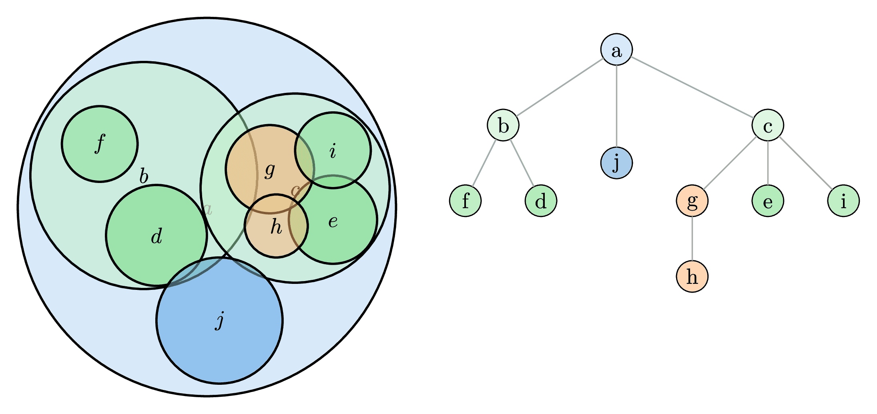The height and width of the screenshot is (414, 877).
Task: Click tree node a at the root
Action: pyautogui.click(x=616, y=50)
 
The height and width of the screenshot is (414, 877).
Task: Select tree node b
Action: pyautogui.click(x=503, y=125)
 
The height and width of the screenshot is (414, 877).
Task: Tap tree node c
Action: pyautogui.click(x=767, y=125)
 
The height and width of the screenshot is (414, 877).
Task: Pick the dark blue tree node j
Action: pyautogui.click(x=616, y=163)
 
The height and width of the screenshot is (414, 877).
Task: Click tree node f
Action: pyautogui.click(x=465, y=201)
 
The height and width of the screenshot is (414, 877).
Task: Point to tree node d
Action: pyautogui.click(x=541, y=201)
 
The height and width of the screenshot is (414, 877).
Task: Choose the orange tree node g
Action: pyautogui.click(x=692, y=201)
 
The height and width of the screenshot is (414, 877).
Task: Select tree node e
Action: pyautogui.click(x=767, y=201)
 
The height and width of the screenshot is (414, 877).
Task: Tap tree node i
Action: pyautogui.click(x=843, y=201)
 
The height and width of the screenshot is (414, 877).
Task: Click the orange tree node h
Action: pyautogui.click(x=692, y=276)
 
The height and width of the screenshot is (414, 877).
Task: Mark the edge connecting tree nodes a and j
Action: pyautogui.click(x=616, y=107)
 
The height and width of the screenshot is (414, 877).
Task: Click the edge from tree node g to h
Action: pyautogui.click(x=692, y=239)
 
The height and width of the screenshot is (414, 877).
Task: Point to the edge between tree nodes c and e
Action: pyautogui.click(x=767, y=163)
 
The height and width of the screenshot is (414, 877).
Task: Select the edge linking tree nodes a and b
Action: pyautogui.click(x=560, y=88)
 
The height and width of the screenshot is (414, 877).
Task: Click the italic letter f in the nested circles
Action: pyautogui.click(x=100, y=143)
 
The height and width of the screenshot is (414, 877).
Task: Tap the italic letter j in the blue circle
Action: pyautogui.click(x=219, y=320)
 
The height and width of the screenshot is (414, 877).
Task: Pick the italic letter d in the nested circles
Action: pyautogui.click(x=157, y=236)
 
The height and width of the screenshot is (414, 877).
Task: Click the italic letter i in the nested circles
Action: pyautogui.click(x=333, y=151)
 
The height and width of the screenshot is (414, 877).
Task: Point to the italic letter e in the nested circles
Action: pyautogui.click(x=333, y=221)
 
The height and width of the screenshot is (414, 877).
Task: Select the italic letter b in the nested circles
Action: pyautogui.click(x=144, y=176)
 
